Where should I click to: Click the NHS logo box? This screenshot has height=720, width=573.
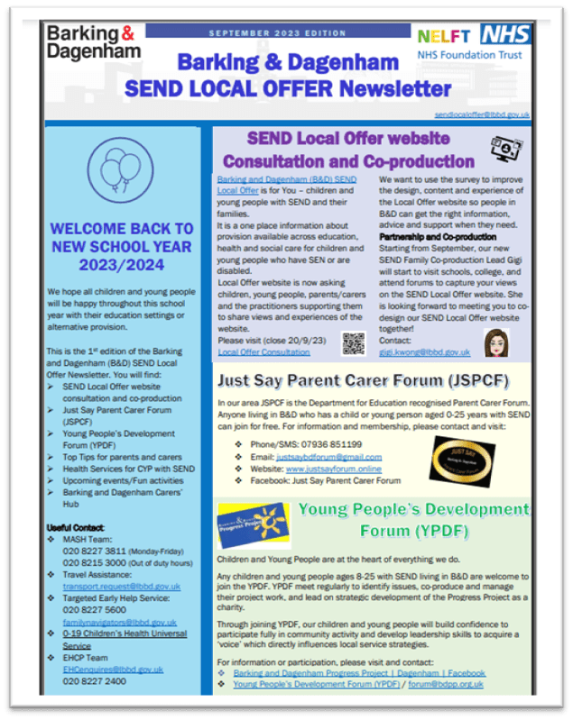pyautogui.click(x=504, y=34)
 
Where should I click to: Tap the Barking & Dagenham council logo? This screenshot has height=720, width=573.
pyautogui.click(x=94, y=42)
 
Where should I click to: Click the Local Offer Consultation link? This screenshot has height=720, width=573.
pyautogui.click(x=252, y=352)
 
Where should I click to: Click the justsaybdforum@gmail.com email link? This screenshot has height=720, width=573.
pyautogui.click(x=328, y=457)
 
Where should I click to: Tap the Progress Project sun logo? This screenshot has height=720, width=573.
pyautogui.click(x=252, y=525)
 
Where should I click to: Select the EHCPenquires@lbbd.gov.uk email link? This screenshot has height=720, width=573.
pyautogui.click(x=113, y=670)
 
